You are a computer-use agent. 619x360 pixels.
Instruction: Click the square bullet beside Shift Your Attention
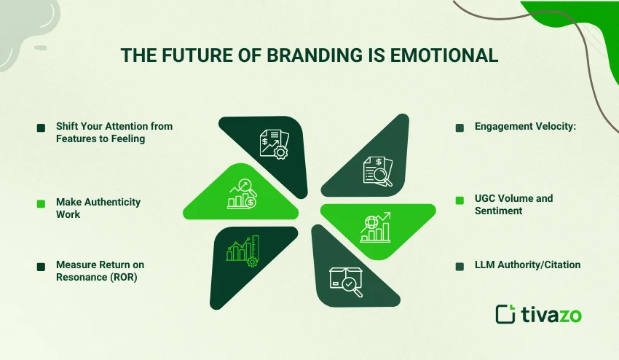(41, 128)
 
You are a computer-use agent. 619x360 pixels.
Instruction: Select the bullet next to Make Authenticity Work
(41, 203)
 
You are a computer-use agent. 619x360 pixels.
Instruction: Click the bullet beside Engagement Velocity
(460, 128)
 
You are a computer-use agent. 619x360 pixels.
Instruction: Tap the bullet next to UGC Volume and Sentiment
(460, 200)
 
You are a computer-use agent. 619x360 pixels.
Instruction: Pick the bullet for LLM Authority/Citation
(460, 266)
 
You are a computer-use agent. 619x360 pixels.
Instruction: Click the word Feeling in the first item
(125, 138)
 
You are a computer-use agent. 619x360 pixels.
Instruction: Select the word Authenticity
(110, 201)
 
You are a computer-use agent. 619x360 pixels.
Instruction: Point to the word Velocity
(556, 126)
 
